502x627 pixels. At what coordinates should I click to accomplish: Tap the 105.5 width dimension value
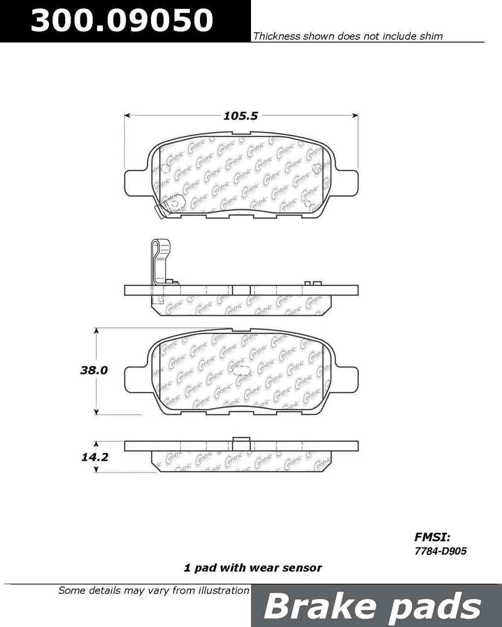(x=240, y=116)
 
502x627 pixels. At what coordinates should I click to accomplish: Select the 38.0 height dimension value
(x=94, y=370)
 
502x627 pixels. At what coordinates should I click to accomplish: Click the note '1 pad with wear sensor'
(x=253, y=568)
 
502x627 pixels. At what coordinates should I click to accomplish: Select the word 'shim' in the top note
(x=431, y=36)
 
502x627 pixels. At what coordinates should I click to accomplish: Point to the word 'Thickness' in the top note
(x=276, y=36)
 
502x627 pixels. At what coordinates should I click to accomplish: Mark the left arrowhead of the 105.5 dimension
(x=127, y=116)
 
